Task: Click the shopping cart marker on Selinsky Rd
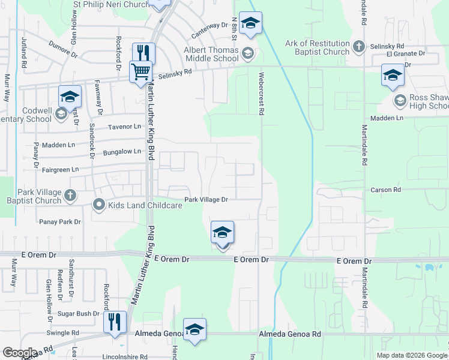point(140,71)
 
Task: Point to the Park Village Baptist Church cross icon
point(70,195)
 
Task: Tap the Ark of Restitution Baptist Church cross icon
point(358,46)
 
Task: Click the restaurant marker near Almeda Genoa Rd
point(114,322)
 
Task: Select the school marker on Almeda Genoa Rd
point(194,329)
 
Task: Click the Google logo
point(20,353)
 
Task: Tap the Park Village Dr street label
point(206,199)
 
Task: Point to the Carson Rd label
point(385,190)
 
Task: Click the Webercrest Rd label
point(262,93)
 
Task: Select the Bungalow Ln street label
point(122,152)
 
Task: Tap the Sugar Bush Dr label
point(79,314)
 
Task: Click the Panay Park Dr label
point(60,222)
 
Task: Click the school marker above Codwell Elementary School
point(70,97)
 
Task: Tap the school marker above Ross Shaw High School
point(393,75)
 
